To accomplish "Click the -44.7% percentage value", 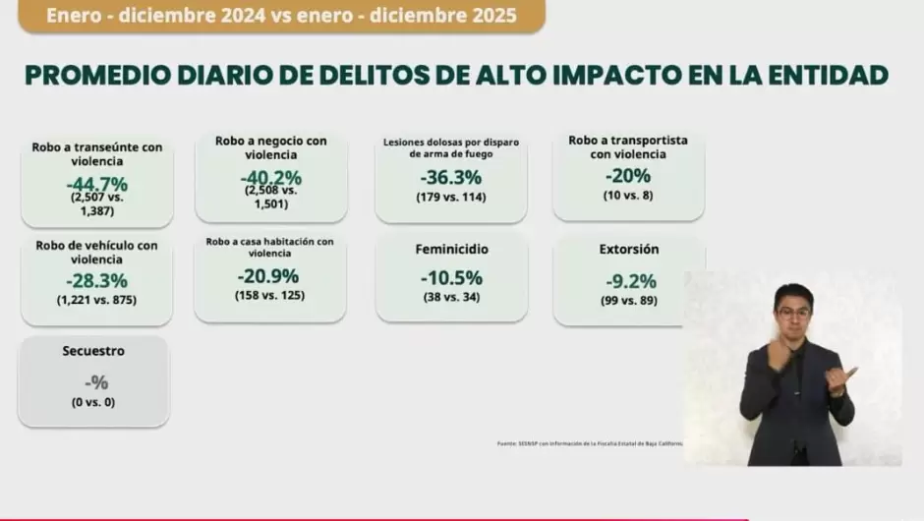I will pyautogui.click(x=96, y=184).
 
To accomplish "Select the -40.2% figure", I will pyautogui.click(x=270, y=178).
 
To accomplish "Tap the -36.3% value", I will pyautogui.click(x=450, y=177).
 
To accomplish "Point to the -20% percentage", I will pyautogui.click(x=627, y=176).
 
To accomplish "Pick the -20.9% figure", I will pyautogui.click(x=269, y=277).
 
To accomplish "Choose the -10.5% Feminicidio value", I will pyautogui.click(x=451, y=277).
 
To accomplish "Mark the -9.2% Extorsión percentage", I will pyautogui.click(x=630, y=281).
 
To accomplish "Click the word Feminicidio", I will pyautogui.click(x=451, y=250).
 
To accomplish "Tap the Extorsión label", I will pyautogui.click(x=629, y=250).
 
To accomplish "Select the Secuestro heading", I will pyautogui.click(x=93, y=350).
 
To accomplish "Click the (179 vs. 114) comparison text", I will pyautogui.click(x=451, y=197).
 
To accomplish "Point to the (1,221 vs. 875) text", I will pyautogui.click(x=96, y=300).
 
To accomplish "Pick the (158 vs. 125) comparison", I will pyautogui.click(x=269, y=295).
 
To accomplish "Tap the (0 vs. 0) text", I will pyautogui.click(x=93, y=402).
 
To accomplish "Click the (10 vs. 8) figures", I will pyautogui.click(x=628, y=195).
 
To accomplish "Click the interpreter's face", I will pyautogui.click(x=793, y=313).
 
